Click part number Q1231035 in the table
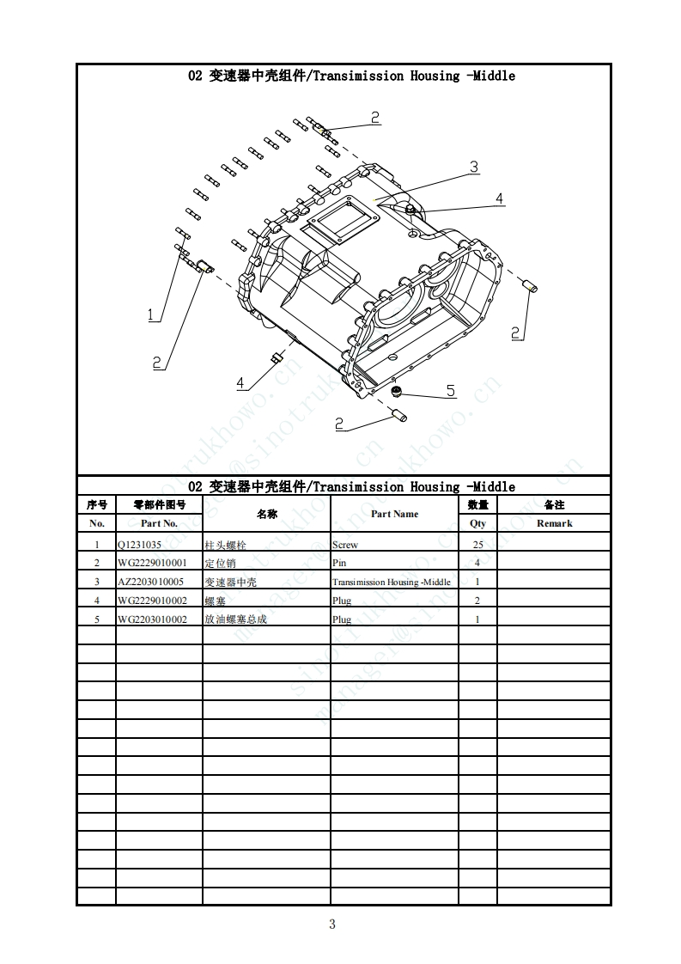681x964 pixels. (x=139, y=545)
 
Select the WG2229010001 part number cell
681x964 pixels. (x=151, y=564)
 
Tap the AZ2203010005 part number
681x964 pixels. (x=150, y=582)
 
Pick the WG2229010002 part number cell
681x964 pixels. (x=151, y=601)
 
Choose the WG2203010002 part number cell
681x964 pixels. (x=151, y=619)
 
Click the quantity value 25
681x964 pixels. (x=477, y=545)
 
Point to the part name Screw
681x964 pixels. (x=345, y=545)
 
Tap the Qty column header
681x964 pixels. (x=477, y=523)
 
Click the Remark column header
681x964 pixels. (x=554, y=523)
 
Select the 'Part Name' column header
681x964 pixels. (x=394, y=514)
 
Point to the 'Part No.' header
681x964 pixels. (x=159, y=523)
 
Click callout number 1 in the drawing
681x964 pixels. (x=152, y=315)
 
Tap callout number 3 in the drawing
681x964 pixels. (x=473, y=167)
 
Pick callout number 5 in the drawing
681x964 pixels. (x=451, y=391)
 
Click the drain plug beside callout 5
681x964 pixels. (x=397, y=393)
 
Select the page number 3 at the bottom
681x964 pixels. (x=332, y=924)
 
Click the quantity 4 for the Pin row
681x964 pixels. (x=477, y=564)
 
